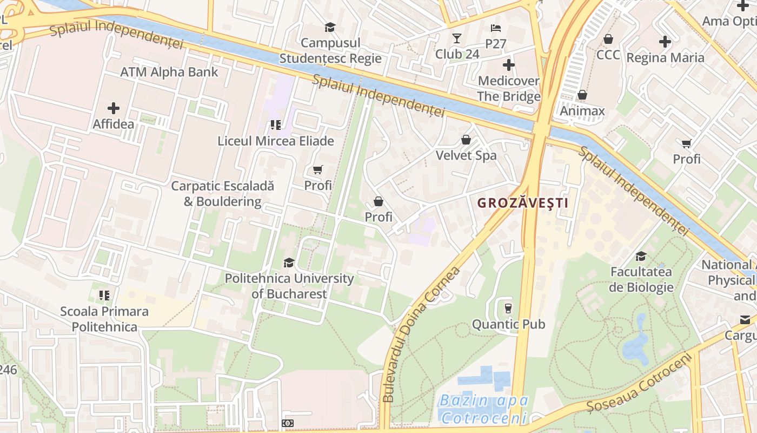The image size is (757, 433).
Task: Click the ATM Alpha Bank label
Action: [x=169, y=72]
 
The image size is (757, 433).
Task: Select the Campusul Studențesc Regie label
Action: [x=330, y=50]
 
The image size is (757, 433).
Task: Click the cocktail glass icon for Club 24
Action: [x=457, y=38]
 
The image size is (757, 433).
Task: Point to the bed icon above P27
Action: [x=496, y=28]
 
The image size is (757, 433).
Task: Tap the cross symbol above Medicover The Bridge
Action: [x=508, y=65]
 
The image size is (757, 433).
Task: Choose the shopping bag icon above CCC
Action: [x=608, y=39]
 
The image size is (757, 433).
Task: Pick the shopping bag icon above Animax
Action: [x=582, y=95]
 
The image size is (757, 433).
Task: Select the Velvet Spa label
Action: [x=466, y=155]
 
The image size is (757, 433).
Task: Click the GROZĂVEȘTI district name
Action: [x=522, y=203]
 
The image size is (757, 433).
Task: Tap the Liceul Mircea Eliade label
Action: [x=276, y=141]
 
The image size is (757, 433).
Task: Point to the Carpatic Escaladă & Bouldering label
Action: [x=222, y=194]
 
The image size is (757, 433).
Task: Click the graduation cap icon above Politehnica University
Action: [x=289, y=263]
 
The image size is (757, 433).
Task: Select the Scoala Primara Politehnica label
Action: [x=104, y=319]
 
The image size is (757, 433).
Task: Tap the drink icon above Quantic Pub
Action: [x=508, y=309]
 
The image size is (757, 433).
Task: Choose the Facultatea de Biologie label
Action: [x=641, y=279]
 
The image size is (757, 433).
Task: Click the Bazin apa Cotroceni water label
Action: [x=483, y=409]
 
